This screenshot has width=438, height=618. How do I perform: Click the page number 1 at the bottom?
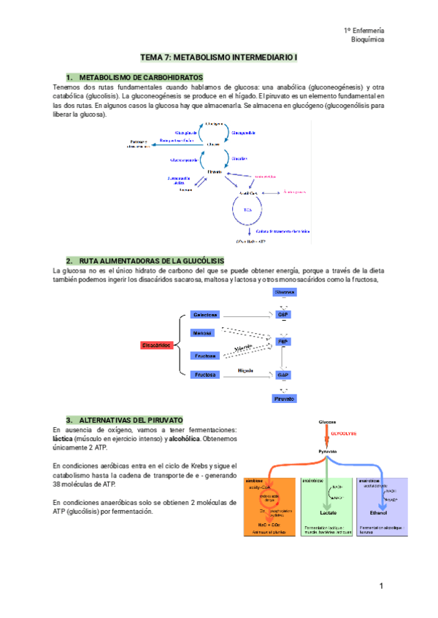coord(381,586)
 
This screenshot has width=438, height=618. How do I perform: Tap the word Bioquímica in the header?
coord(367,40)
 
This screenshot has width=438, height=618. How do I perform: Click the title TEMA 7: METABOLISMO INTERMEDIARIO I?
coord(219,57)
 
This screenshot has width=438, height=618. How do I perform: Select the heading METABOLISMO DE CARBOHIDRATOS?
coord(140,77)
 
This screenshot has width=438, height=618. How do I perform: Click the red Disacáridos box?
coord(157,345)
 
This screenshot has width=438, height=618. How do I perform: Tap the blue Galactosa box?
coord(204,315)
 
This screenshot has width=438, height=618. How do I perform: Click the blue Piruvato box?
coord(284,399)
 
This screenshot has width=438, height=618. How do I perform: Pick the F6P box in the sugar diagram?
coord(284,340)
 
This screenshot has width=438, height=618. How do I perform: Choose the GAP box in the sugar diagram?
coord(284,375)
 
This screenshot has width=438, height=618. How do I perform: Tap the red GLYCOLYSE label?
coord(343,433)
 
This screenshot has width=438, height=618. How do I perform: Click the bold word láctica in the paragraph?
coord(66,439)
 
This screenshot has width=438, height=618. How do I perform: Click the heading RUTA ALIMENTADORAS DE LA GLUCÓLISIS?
coord(151,261)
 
